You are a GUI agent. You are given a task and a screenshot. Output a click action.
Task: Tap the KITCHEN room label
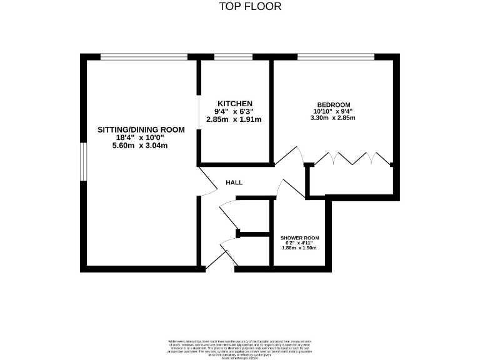tap(234, 103)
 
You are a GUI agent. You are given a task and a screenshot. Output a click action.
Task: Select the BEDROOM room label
tap(333, 104)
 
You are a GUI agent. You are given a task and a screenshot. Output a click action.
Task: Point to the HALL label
tap(234, 182)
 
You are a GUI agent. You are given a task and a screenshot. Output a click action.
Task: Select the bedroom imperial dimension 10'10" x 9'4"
tap(334, 111)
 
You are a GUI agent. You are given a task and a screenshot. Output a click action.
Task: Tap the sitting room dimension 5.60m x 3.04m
tap(140, 145)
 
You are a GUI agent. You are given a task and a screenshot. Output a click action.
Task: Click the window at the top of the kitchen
tap(233, 56)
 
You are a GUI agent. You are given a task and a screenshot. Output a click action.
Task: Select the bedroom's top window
tap(336, 56)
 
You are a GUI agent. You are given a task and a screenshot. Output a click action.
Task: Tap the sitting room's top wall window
tap(144, 56)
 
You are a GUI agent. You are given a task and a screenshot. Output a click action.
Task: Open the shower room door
tap(282, 188)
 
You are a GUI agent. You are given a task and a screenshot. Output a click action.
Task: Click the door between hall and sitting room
tap(208, 182)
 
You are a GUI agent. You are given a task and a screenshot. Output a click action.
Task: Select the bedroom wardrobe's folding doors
tap(352, 159)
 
